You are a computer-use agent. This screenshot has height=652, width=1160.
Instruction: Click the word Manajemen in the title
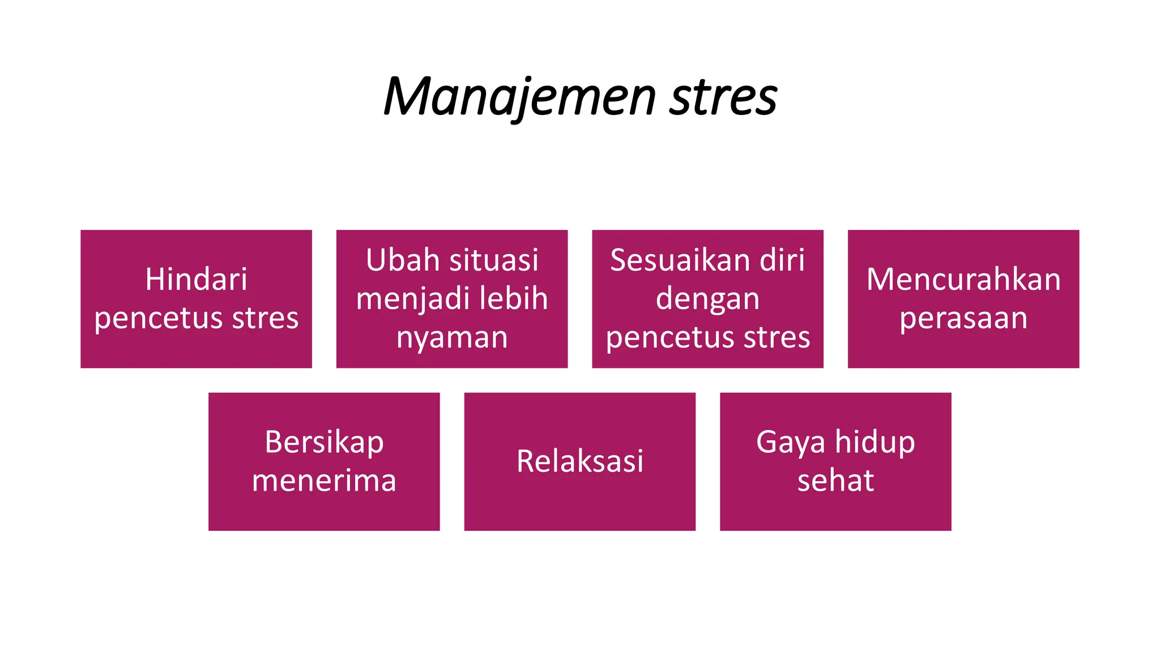519,97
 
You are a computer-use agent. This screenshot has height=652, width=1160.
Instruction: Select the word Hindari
196,280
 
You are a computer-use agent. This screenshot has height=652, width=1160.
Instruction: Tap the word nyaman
452,337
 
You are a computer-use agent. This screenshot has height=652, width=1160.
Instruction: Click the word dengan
707,299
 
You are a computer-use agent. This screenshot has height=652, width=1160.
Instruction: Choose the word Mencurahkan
963,280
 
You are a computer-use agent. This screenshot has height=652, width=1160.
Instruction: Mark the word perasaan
963,319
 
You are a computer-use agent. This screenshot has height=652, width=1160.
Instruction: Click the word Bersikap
324,442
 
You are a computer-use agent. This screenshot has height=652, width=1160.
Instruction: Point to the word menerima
324,481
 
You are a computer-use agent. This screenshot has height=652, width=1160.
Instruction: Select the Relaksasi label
580,461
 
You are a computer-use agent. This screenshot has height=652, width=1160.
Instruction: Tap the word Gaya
791,443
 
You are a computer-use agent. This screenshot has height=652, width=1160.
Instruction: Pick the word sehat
835,481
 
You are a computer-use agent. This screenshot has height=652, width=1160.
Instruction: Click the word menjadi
404,299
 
